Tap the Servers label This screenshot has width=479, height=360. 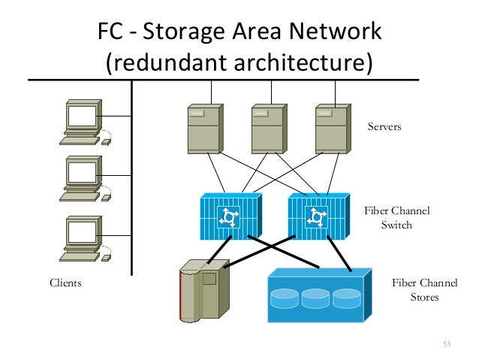(x=384, y=126)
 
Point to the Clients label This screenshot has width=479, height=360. (x=65, y=283)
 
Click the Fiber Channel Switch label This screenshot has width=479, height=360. (x=397, y=218)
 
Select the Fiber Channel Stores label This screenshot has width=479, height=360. (x=425, y=289)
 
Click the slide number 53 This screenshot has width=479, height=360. (x=447, y=344)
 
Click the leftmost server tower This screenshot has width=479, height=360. (x=205, y=129)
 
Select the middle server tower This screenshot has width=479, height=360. (x=269, y=129)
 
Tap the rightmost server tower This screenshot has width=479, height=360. (x=333, y=129)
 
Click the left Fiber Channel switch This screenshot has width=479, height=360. (x=231, y=216)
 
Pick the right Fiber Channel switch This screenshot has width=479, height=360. (x=319, y=216)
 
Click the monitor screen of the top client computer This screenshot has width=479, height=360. (x=82, y=116)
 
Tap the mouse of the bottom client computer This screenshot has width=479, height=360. (x=106, y=258)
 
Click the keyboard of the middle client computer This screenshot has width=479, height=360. (x=80, y=197)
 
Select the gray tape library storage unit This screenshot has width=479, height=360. (x=204, y=291)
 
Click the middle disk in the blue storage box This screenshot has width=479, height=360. (x=315, y=298)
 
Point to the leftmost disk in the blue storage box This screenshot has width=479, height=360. (x=285, y=298)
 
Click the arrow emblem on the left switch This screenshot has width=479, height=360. (x=229, y=217)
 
